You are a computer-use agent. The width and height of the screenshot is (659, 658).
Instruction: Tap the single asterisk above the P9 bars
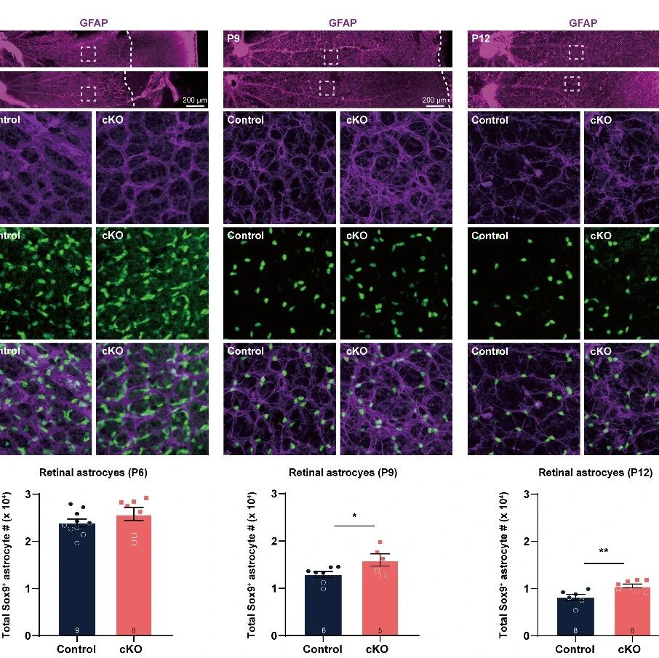[354, 517]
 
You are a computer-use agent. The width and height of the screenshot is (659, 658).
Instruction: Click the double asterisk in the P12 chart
[604, 552]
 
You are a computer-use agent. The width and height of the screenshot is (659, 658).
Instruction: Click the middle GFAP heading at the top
[343, 23]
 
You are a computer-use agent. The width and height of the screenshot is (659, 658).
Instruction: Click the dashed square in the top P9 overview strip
[331, 56]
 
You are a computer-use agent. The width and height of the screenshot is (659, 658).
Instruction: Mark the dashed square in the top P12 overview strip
[576, 52]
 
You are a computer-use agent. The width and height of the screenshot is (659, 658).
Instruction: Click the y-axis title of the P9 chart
[252, 564]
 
